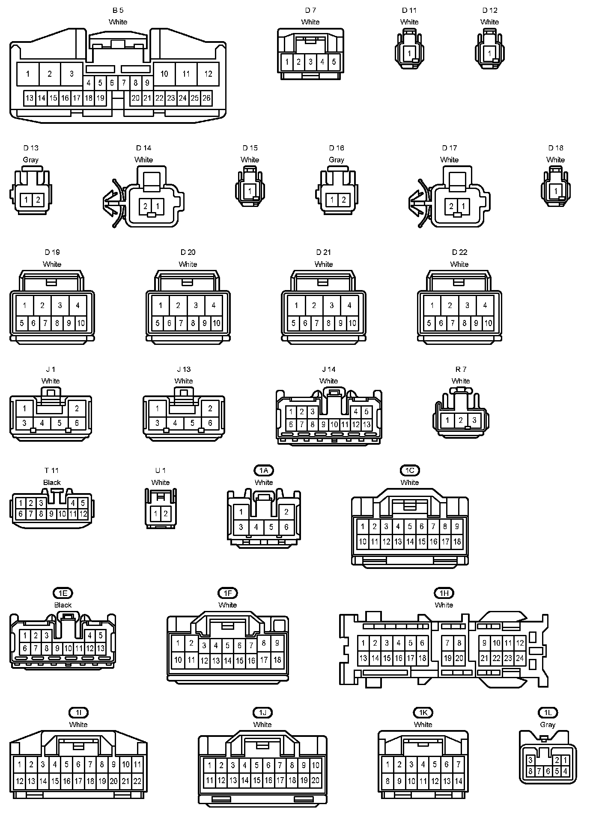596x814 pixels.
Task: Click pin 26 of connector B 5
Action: [206, 98]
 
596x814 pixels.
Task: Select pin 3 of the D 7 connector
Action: [310, 62]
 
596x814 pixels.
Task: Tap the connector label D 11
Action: [409, 10]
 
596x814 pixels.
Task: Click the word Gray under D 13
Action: [30, 160]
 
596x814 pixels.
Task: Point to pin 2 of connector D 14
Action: [146, 206]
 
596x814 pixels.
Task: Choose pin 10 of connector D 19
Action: [80, 323]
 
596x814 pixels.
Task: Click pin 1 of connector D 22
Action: [432, 305]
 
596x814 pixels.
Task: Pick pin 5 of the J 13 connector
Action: [192, 423]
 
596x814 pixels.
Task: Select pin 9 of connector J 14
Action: [323, 425]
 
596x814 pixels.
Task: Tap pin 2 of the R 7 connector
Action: [461, 420]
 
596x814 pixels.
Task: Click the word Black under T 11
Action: [52, 482]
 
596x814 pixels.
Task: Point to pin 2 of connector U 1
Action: [166, 513]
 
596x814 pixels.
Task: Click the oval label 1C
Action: [410, 470]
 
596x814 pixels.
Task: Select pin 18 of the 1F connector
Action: [277, 660]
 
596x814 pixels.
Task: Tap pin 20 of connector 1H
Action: [459, 658]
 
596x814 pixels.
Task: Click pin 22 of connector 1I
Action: [137, 781]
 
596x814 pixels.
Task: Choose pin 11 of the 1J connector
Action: [209, 781]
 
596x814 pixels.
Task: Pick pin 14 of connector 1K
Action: [458, 781]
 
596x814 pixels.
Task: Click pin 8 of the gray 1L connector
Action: [530, 771]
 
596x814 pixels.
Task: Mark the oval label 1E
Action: [63, 593]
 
